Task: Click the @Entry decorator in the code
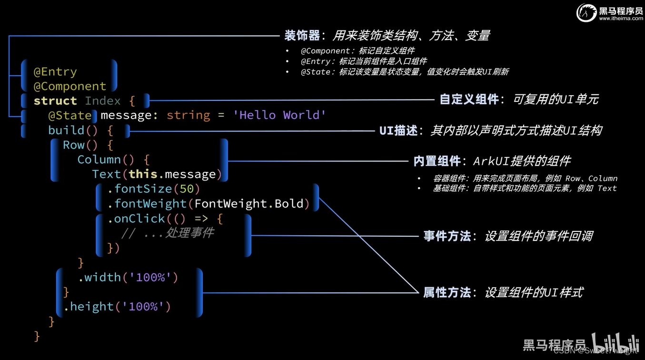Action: (x=55, y=72)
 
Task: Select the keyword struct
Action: (x=55, y=101)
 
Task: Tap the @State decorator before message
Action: (x=69, y=115)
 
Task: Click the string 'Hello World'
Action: (x=279, y=115)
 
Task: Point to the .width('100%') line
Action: (x=128, y=277)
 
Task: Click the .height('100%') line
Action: (x=117, y=307)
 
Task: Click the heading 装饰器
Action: (x=302, y=36)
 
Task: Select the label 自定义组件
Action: (x=469, y=99)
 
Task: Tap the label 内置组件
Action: (x=437, y=161)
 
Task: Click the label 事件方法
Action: (x=447, y=236)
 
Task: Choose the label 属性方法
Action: (x=447, y=292)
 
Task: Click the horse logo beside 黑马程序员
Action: (x=586, y=13)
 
